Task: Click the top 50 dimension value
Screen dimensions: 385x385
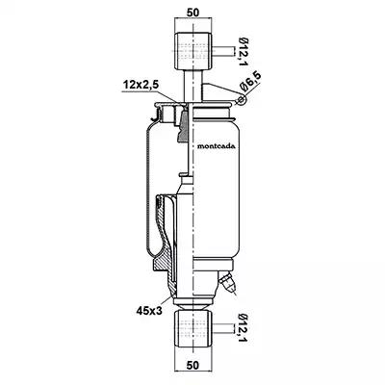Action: click(192, 13)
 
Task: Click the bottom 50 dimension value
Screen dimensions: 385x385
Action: click(192, 365)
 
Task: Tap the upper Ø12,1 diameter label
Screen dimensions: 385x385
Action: click(243, 52)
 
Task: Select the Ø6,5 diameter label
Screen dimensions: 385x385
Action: click(251, 82)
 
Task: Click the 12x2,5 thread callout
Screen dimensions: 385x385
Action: click(141, 86)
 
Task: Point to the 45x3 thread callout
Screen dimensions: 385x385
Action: click(148, 310)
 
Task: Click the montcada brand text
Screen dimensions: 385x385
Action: click(216, 146)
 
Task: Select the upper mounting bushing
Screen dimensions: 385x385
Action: click(193, 51)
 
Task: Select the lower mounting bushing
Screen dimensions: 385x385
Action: click(193, 329)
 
